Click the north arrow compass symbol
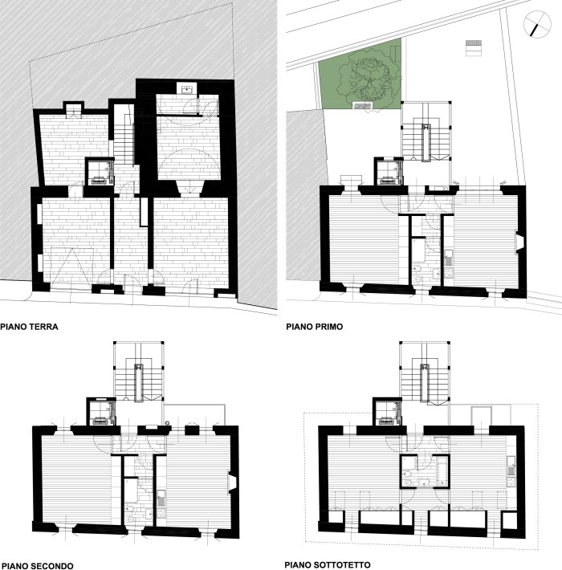click(537, 25)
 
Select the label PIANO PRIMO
click(314, 327)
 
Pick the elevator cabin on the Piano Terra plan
click(100, 173)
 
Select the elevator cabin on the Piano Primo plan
click(389, 173)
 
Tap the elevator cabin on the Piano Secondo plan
click(101, 413)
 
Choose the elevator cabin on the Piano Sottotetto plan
click(389, 413)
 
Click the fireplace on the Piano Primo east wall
click(519, 243)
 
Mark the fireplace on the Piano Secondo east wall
click(231, 482)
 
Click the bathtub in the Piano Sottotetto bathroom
click(442, 472)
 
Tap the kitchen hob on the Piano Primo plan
click(449, 274)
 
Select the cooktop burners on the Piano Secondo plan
click(161, 514)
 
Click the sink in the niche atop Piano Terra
click(187, 88)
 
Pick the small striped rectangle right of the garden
click(474, 47)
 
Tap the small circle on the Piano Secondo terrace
click(168, 423)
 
